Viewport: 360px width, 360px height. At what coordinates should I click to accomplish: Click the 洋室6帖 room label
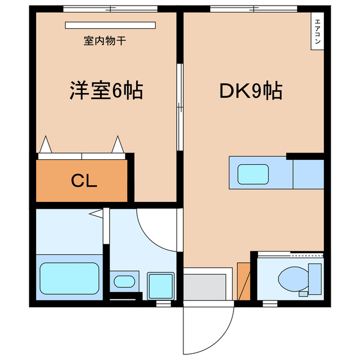[x=106, y=91]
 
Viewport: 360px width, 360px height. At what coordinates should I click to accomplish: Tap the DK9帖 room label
[x=250, y=91]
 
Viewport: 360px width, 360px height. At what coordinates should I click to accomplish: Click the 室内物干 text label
[x=104, y=40]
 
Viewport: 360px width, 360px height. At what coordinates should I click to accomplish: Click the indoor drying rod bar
[x=110, y=25]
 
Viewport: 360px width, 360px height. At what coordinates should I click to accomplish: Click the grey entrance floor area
[x=207, y=286]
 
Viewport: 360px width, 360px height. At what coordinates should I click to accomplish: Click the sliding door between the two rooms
[x=180, y=107]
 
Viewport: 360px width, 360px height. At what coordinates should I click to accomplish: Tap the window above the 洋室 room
[x=110, y=8]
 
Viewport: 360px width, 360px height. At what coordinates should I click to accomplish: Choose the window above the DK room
[x=253, y=8]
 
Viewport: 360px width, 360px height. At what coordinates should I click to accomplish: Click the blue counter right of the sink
[x=308, y=174]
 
